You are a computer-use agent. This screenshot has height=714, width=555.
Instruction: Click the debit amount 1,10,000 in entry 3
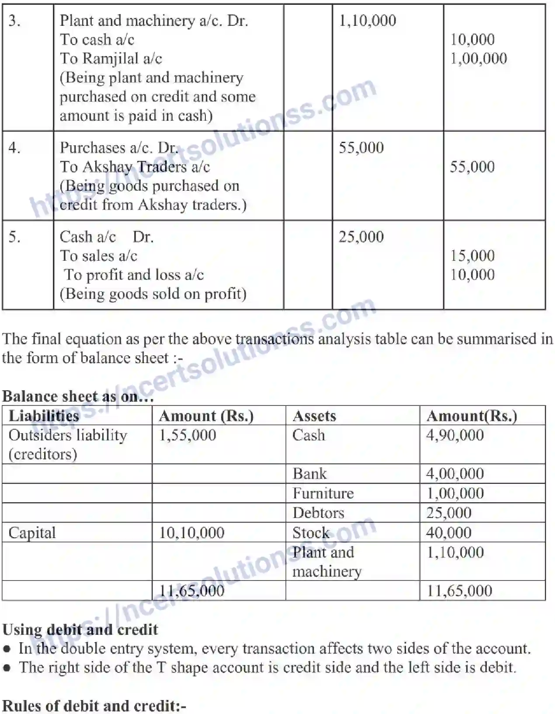click(368, 21)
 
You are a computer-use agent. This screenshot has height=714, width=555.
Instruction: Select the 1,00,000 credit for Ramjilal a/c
click(479, 59)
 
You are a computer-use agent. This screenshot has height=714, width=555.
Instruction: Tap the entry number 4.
click(14, 148)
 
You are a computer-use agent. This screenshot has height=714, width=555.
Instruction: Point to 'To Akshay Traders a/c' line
click(135, 167)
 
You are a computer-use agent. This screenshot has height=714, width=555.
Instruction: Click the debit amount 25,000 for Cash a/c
click(361, 237)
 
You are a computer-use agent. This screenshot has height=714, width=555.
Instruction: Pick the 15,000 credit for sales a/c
click(472, 256)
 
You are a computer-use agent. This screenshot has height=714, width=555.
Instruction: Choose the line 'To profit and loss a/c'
click(134, 275)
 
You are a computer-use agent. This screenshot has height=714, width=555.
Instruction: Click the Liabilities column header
click(44, 416)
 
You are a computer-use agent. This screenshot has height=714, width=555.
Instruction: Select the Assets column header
click(314, 416)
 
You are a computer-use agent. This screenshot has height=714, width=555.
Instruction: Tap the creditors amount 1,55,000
click(187, 435)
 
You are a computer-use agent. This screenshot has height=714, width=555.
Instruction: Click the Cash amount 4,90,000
click(455, 435)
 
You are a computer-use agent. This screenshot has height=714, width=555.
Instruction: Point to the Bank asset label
click(309, 474)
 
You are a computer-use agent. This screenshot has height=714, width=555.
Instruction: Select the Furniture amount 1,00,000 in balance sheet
click(455, 493)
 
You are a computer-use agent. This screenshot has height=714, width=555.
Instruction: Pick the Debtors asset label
click(318, 513)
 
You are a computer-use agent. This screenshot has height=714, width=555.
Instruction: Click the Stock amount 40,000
click(449, 532)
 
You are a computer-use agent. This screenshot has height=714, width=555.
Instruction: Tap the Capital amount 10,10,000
click(191, 532)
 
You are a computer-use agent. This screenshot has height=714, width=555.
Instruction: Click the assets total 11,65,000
click(459, 591)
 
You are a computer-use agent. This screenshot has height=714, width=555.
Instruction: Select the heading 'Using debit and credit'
click(80, 630)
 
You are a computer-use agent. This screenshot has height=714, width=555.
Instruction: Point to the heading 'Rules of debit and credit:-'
click(94, 706)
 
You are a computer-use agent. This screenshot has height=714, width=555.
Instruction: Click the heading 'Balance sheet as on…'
click(78, 396)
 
